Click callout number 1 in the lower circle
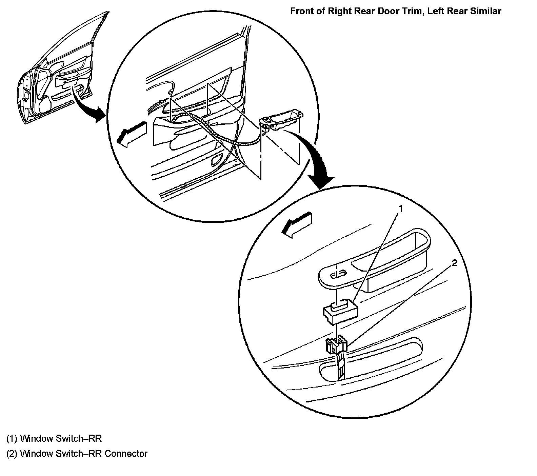point(400,209)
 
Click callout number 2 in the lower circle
point(454,263)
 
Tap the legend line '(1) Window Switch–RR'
point(54,438)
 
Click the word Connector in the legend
point(126,453)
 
